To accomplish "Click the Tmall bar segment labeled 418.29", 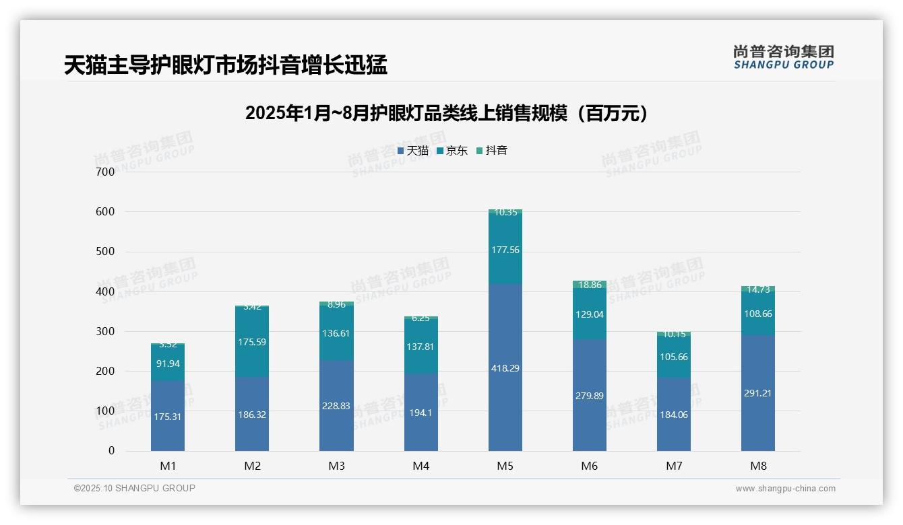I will pos(505,368).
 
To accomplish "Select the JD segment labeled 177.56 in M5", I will pos(505,250).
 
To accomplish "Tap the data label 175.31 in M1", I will pos(168,417).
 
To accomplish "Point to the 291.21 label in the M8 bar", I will pos(757,393).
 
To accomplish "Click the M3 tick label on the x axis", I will pos(336,466).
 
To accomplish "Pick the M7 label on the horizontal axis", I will pos(673,466).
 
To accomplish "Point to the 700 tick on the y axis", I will pos(105,172).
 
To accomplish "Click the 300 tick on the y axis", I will pos(105,331).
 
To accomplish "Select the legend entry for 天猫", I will pos(413,151).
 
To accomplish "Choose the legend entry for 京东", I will pos(452,151).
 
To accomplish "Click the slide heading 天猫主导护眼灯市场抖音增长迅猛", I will pos(225,65).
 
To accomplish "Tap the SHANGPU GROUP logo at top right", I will pos(783,57).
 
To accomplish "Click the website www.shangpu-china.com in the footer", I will pos(785,489).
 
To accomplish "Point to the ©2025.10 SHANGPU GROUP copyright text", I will pos(135,489).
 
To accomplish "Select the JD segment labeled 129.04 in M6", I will pos(589,314).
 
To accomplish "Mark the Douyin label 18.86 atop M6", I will pos(589,285).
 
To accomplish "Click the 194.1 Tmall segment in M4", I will pos(421,413).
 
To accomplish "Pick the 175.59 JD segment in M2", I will pos(252,342).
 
